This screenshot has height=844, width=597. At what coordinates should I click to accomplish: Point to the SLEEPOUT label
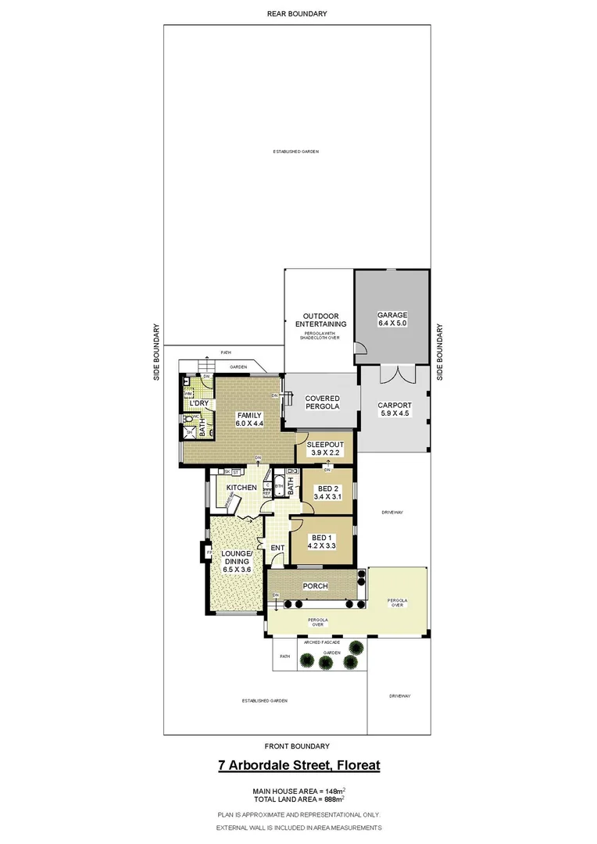click(325, 443)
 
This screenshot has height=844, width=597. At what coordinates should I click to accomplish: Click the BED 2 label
click(327, 487)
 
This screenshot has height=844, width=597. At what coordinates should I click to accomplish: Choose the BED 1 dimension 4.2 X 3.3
click(320, 547)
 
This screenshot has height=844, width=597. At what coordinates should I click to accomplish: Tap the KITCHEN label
click(241, 488)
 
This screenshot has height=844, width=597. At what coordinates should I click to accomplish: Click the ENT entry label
click(277, 548)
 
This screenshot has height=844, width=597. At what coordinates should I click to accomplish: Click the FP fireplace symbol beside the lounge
click(209, 553)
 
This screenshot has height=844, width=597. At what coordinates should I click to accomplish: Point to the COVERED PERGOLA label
click(321, 402)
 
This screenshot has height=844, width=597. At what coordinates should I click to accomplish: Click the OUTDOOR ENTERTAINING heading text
click(319, 320)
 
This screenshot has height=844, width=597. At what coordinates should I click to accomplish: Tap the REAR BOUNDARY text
click(297, 13)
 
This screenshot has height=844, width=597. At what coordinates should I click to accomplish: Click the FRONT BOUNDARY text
click(297, 746)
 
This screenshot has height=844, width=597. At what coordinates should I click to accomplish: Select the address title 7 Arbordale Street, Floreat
click(298, 765)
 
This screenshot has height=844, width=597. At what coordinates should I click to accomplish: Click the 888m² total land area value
click(333, 799)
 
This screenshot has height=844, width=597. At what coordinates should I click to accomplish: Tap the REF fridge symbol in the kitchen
click(266, 493)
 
